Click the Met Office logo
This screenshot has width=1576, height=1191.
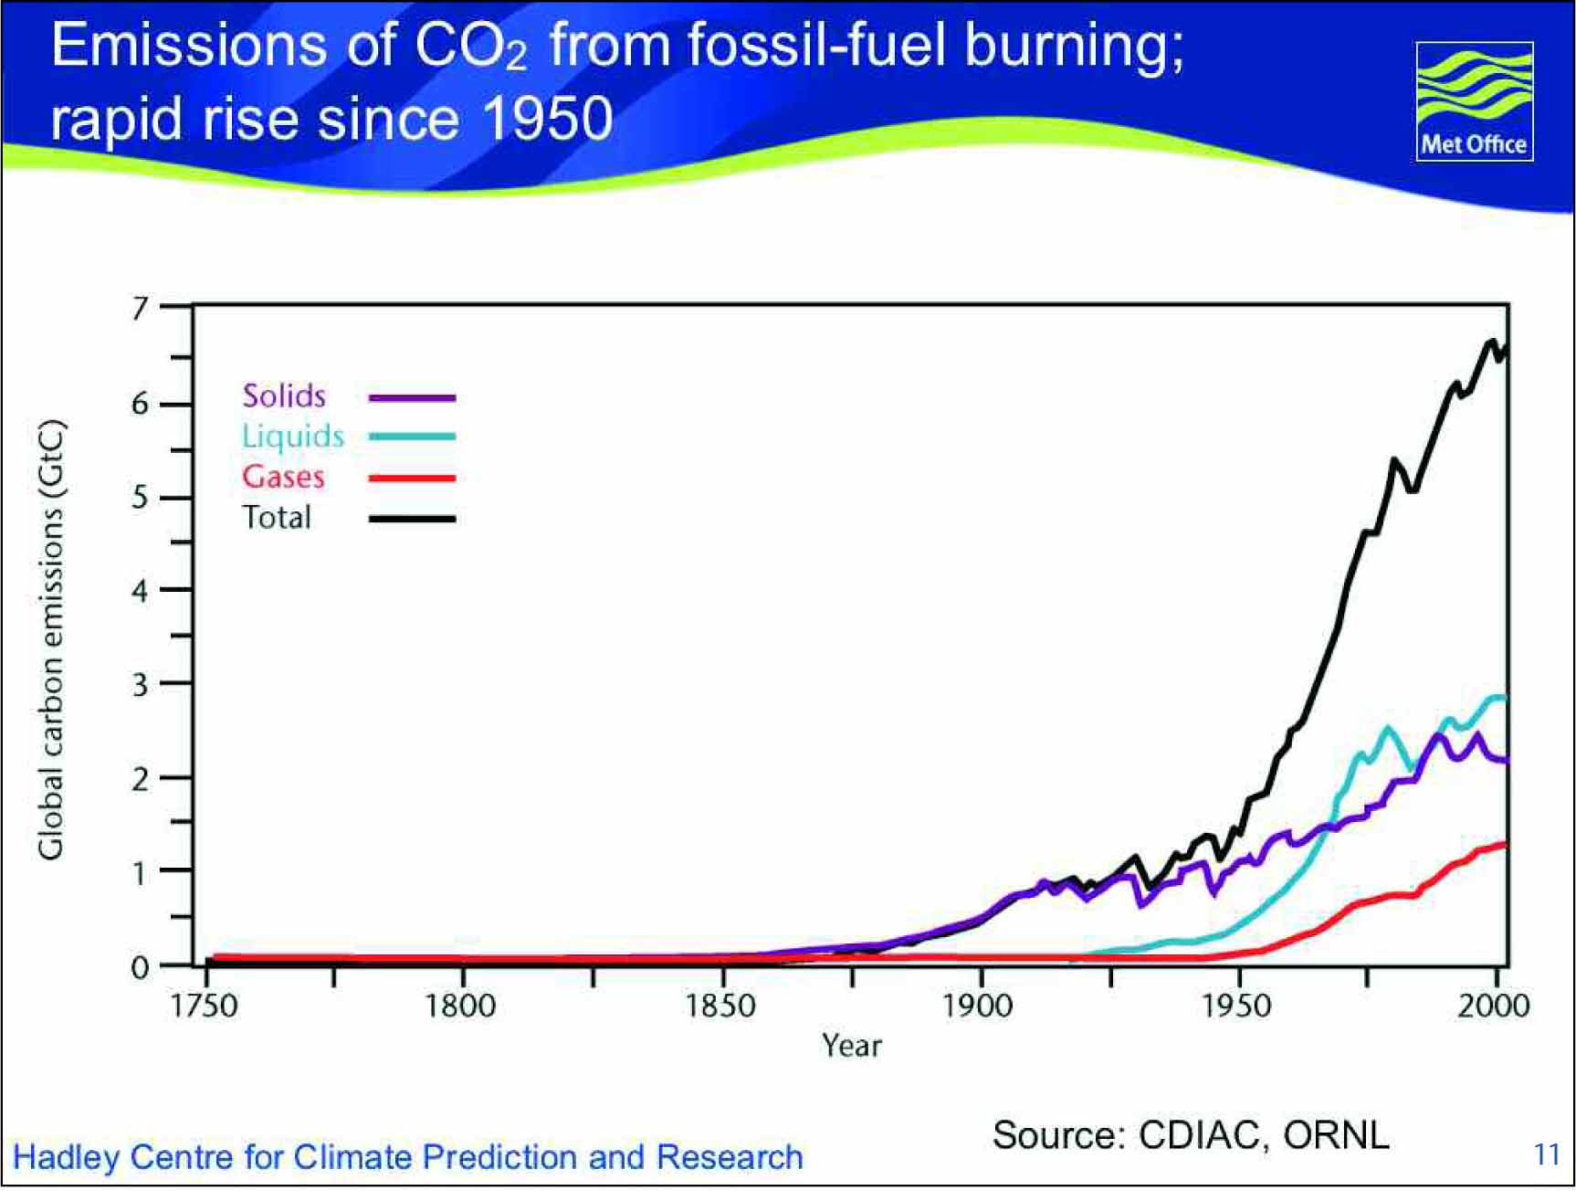click(1474, 101)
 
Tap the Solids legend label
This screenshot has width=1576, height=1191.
click(284, 395)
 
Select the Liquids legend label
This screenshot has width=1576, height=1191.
click(293, 437)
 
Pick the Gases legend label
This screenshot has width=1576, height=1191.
click(283, 477)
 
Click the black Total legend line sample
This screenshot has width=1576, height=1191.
click(412, 519)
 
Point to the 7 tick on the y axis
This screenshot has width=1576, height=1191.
click(175, 307)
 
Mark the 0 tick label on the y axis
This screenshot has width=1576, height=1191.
click(140, 966)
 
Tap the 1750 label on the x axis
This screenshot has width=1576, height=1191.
click(205, 1006)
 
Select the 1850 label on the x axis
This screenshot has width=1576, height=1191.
click(721, 1006)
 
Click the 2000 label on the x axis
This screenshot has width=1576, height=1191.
click(1494, 1006)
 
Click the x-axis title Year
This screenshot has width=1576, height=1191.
click(852, 1045)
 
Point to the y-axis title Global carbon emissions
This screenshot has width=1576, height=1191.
click(51, 639)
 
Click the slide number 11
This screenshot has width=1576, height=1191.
click(1547, 1154)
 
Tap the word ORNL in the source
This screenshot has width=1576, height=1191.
click(1337, 1135)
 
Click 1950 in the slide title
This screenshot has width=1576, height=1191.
click(547, 119)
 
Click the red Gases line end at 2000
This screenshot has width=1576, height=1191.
click(1505, 844)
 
